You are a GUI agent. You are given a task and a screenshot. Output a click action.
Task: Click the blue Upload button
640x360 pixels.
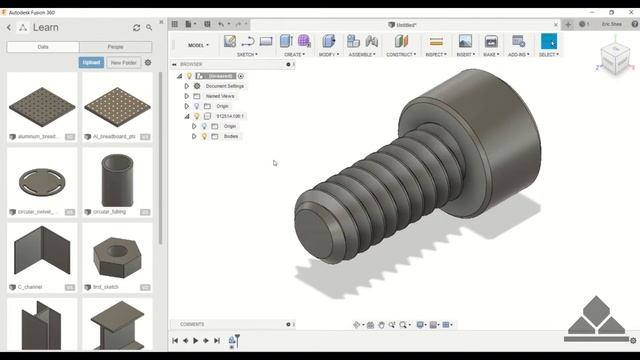point(91,62)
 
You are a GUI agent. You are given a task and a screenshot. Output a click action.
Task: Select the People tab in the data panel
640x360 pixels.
point(116,47)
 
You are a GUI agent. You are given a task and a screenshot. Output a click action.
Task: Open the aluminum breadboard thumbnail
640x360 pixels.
point(42,103)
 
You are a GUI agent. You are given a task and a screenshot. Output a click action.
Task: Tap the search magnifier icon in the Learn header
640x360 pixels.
point(149,28)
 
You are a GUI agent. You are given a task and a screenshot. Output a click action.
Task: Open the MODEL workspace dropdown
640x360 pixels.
point(198,45)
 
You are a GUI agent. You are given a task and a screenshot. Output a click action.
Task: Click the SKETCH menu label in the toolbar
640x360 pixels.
point(247,54)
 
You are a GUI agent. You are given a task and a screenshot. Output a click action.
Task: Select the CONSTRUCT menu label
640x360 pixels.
point(401,54)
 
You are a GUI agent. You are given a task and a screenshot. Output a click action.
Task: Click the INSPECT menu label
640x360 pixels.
point(435,54)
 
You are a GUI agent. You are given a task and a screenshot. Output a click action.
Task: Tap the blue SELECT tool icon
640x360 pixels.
point(548,41)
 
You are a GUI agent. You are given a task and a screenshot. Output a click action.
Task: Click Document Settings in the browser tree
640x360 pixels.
point(224,86)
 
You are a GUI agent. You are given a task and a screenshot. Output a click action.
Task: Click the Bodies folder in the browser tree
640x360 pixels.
point(231,136)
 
